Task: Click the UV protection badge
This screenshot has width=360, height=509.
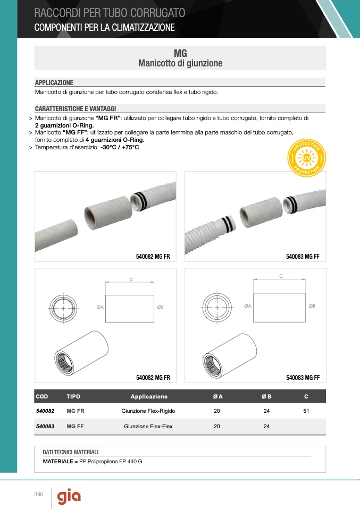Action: [307, 159]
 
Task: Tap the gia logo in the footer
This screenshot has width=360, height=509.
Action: [69, 496]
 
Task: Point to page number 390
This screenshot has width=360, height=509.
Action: [38, 495]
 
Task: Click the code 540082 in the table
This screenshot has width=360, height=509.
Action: [45, 411]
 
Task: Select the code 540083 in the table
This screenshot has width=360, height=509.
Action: [45, 426]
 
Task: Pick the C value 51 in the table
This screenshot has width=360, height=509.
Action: [306, 411]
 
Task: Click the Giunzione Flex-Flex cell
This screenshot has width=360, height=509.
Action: [148, 426]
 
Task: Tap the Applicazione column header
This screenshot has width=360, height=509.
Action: [149, 396]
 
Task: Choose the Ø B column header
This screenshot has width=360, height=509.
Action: [266, 396]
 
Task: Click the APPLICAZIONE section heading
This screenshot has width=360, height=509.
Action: [54, 83]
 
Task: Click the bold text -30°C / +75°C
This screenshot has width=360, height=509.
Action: [120, 147]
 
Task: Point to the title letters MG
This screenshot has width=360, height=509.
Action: [180, 54]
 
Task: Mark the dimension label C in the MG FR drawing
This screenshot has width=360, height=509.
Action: [131, 279]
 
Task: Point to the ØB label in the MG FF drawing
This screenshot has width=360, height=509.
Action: [312, 306]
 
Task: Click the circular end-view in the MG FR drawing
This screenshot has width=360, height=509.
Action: [63, 308]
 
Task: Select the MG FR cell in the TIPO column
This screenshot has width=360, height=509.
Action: [74, 411]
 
